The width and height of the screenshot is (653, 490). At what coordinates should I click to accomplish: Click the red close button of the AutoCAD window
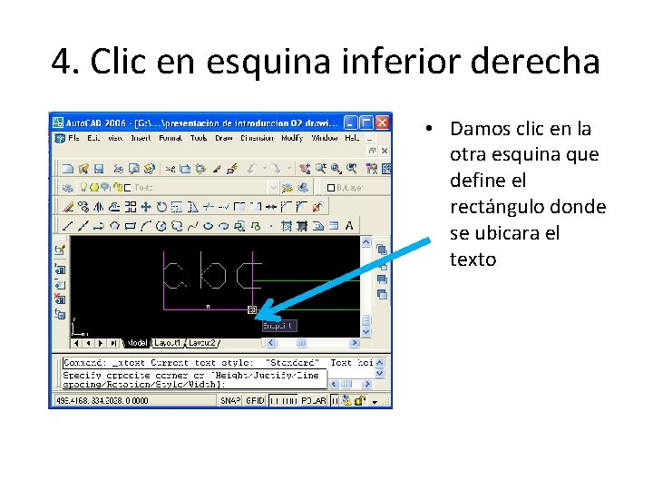point(383,122)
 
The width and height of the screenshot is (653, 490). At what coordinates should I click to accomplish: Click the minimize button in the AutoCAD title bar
point(352,122)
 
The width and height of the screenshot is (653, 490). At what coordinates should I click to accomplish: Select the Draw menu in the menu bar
point(224,138)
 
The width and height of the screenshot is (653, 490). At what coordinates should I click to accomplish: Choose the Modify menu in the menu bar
point(291,138)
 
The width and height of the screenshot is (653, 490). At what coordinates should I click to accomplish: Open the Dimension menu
point(257,138)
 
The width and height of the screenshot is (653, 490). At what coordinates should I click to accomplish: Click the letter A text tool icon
point(349,225)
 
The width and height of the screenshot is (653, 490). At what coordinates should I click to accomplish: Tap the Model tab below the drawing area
point(137,343)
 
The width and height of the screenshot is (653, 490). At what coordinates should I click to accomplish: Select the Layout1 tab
point(168,343)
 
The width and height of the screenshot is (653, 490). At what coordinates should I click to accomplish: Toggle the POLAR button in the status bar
point(314,400)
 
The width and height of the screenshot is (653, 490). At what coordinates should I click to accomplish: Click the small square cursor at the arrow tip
point(251,309)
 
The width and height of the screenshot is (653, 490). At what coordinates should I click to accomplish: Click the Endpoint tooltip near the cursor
point(278,325)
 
